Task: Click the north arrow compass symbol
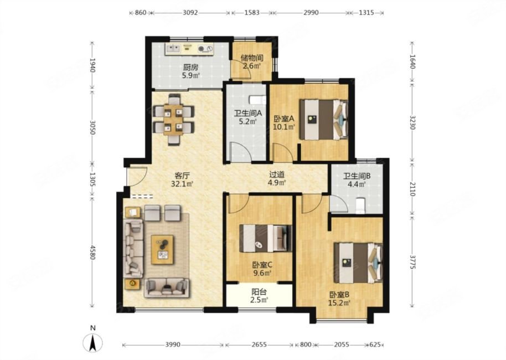pyautogui.click(x=93, y=342)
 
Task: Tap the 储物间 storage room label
pyautogui.click(x=252, y=58)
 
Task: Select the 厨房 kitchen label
pyautogui.click(x=190, y=68)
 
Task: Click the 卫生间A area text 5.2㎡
pyautogui.click(x=247, y=122)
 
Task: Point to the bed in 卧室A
pyautogui.click(x=324, y=120)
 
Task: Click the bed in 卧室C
pyautogui.click(x=266, y=238)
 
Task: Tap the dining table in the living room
pyautogui.click(x=173, y=119)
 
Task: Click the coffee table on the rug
pyautogui.click(x=163, y=250)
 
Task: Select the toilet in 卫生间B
pyautogui.click(x=360, y=205)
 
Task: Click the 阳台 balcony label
pyautogui.click(x=259, y=292)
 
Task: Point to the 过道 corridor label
pyautogui.click(x=277, y=174)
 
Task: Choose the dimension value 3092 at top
pyautogui.click(x=190, y=13)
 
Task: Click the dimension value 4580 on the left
pyautogui.click(x=92, y=253)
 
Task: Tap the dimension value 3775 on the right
pyautogui.click(x=412, y=261)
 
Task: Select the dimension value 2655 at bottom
pyautogui.click(x=259, y=344)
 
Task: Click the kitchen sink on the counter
pyautogui.click(x=173, y=48)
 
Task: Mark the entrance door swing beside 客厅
pyautogui.click(x=137, y=176)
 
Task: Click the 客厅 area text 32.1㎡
pyautogui.click(x=182, y=184)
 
